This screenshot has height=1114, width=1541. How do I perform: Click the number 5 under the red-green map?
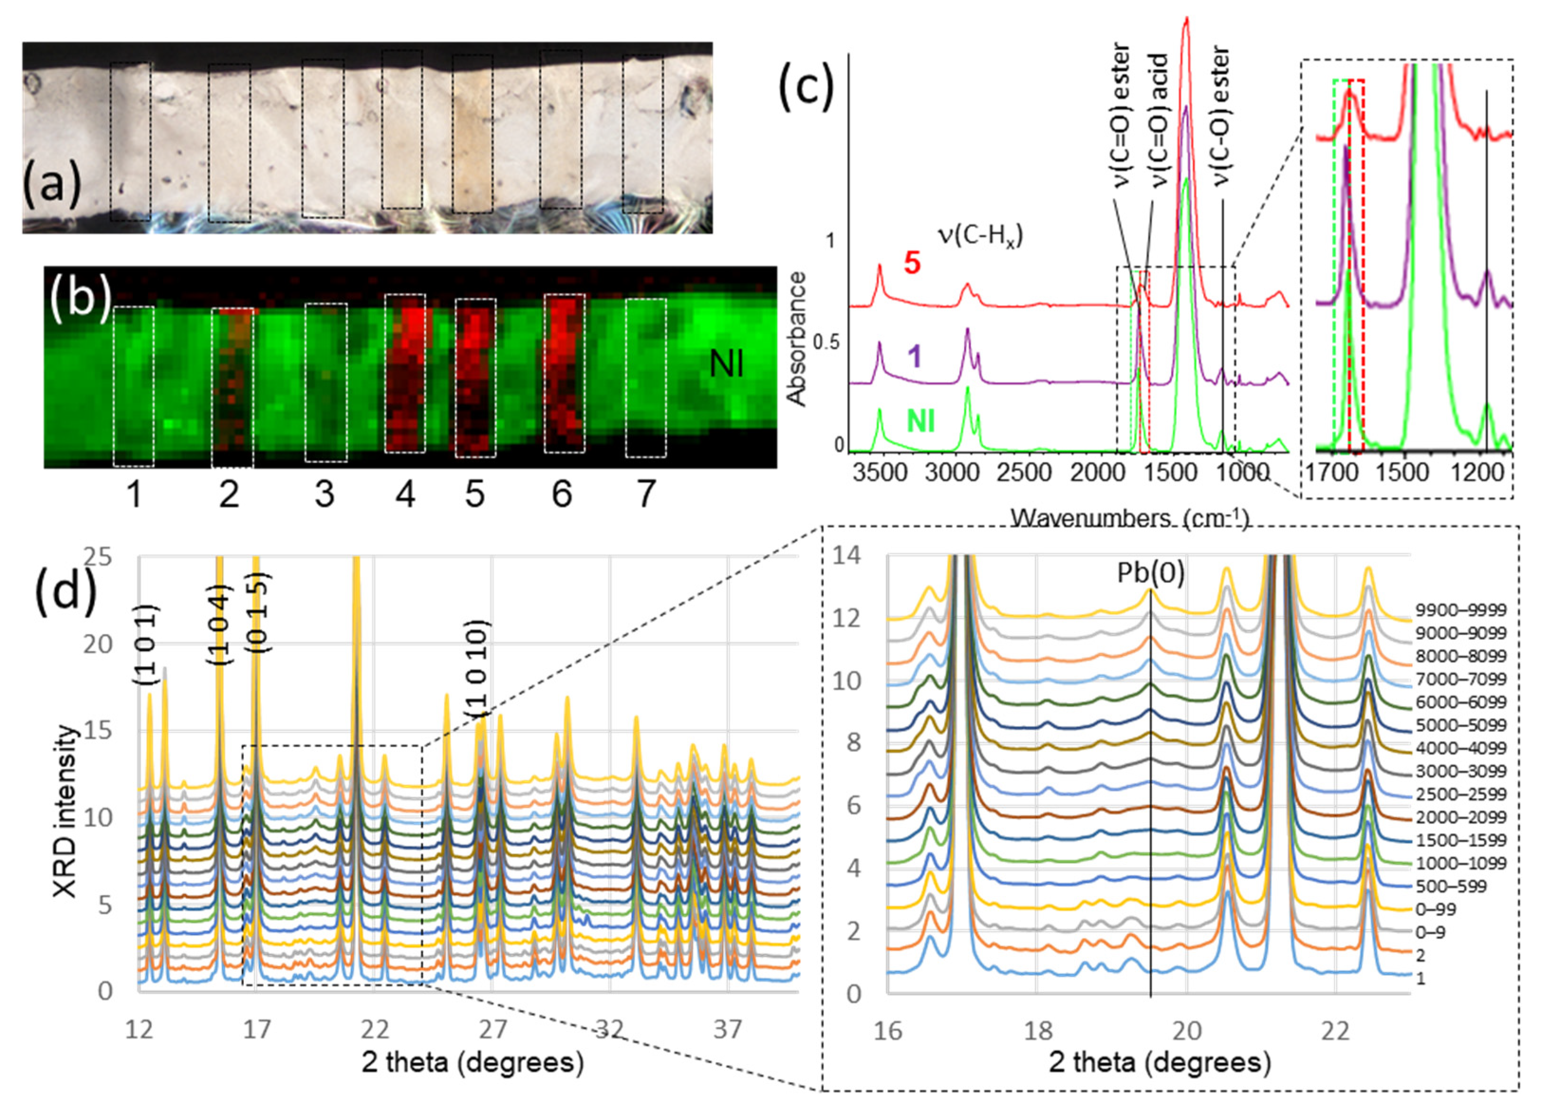pyautogui.click(x=475, y=494)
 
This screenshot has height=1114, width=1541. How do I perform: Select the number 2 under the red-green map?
pyautogui.click(x=229, y=494)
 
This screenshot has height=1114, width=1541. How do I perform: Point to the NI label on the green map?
pyautogui.click(x=726, y=365)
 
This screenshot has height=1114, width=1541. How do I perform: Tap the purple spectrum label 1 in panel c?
pyautogui.click(x=915, y=356)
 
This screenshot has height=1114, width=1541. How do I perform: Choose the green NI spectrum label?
pyautogui.click(x=920, y=421)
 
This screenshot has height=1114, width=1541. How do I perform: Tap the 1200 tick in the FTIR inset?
pyautogui.click(x=1480, y=472)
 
